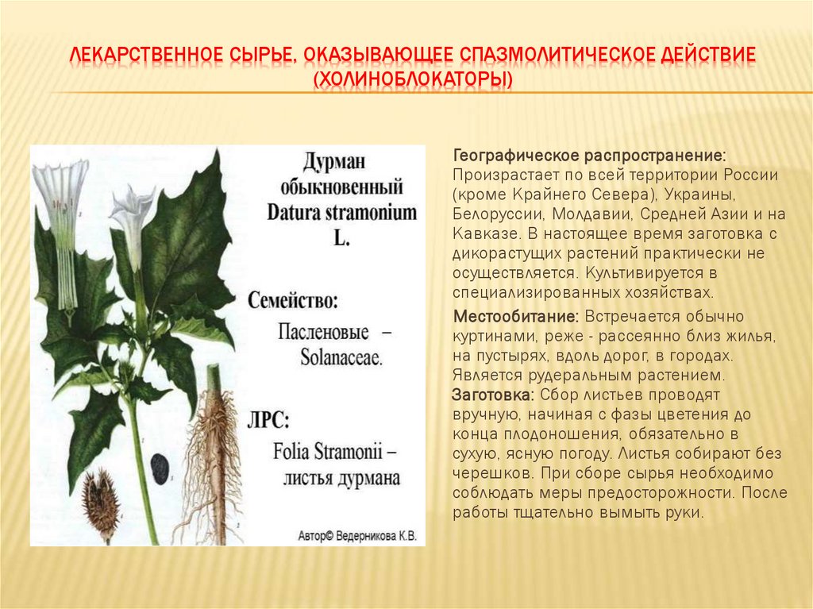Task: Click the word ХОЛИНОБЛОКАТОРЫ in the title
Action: click(413, 81)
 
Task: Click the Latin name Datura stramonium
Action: click(341, 213)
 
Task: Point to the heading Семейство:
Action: click(293, 302)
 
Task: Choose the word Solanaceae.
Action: click(330, 357)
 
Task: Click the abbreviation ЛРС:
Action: click(272, 419)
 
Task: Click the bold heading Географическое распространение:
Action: click(588, 153)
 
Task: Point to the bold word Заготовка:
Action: click(492, 395)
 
